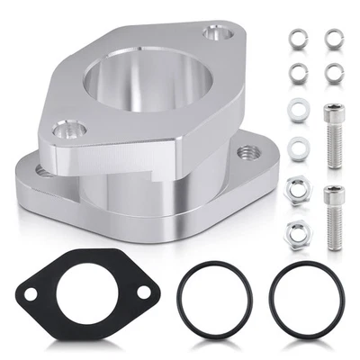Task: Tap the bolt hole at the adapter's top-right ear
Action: coord(215,34)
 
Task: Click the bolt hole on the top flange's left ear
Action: coord(64,131)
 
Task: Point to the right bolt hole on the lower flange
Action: coord(245,153)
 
